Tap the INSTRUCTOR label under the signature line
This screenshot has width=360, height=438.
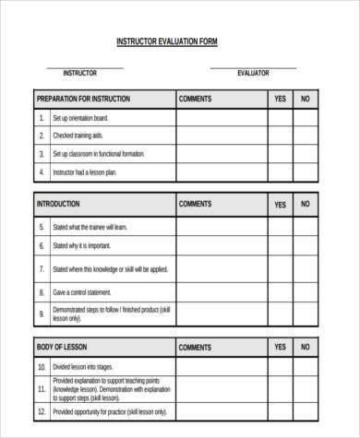[79, 73]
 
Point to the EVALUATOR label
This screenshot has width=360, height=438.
[253, 73]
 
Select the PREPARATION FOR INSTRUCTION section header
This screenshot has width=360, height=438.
[83, 99]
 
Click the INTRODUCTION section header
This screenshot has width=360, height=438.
[58, 204]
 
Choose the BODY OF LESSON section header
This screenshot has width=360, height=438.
[61, 348]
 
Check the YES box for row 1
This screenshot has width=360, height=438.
[280, 118]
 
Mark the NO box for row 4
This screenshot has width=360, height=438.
[306, 172]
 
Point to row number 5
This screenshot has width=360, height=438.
[41, 225]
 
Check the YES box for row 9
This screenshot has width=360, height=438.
[280, 314]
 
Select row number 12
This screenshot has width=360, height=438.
[41, 388]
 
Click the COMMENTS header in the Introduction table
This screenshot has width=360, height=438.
[195, 204]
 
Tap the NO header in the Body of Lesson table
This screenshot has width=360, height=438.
[306, 348]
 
